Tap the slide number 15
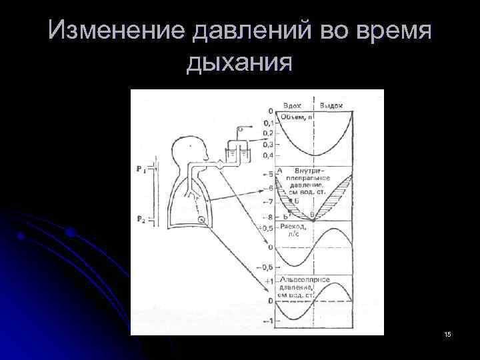(447, 333)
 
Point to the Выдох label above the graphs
(331, 105)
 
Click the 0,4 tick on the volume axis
(267, 155)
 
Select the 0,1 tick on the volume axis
(267, 123)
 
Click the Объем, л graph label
(296, 117)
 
